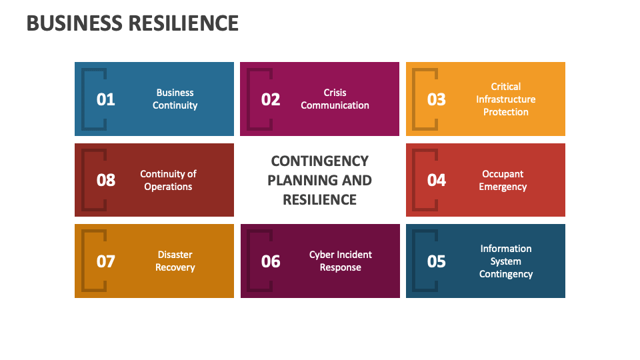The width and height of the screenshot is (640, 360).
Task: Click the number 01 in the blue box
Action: click(106, 99)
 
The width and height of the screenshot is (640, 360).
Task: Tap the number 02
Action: click(271, 99)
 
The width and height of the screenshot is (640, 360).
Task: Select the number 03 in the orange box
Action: click(436, 99)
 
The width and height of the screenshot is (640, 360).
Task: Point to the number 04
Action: click(436, 180)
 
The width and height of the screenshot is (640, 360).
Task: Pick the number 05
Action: click(436, 261)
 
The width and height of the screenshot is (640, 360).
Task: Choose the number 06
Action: click(271, 261)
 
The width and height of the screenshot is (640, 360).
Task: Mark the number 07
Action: click(106, 261)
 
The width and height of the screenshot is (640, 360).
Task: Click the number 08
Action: click(106, 180)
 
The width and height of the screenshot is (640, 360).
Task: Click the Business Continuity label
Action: click(175, 99)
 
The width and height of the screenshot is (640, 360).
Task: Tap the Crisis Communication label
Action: click(335, 99)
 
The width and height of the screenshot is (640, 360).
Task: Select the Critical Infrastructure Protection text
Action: click(505, 99)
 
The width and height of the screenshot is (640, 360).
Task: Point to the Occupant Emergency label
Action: click(503, 180)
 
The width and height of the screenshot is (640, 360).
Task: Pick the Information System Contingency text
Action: click(505, 261)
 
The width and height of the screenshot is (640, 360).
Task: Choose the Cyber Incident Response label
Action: click(340, 261)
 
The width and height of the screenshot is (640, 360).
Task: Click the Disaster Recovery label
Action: click(175, 261)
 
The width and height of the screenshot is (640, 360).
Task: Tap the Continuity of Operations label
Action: click(168, 180)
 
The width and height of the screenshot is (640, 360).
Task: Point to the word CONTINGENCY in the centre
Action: click(319, 161)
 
